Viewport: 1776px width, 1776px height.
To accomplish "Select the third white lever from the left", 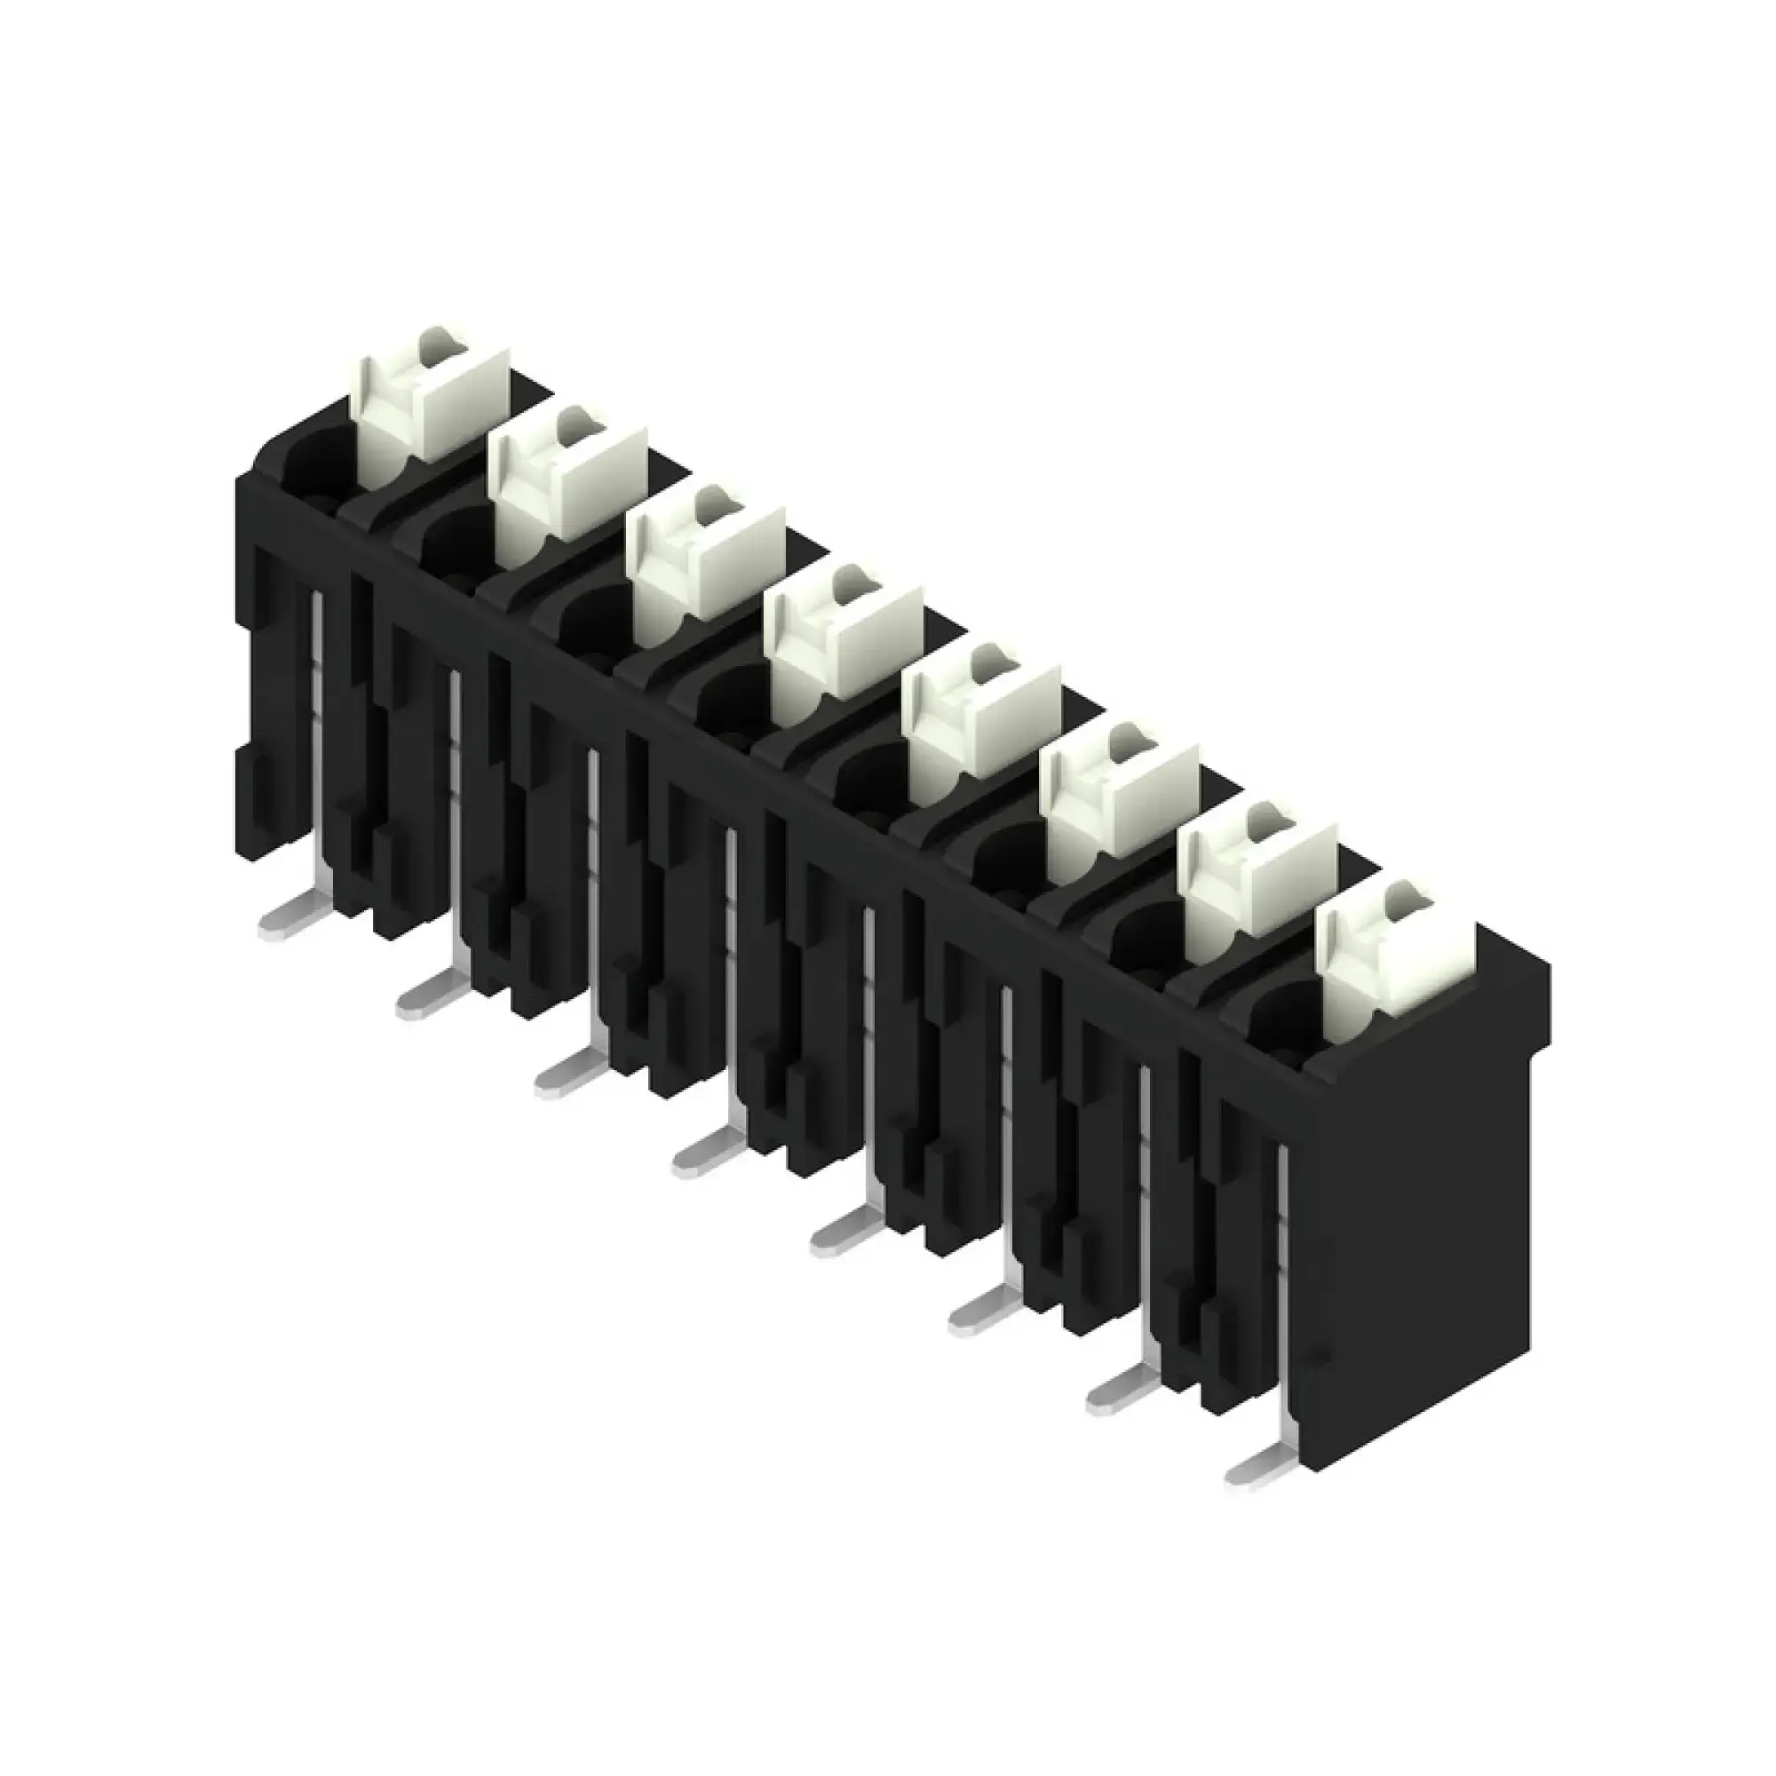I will (706, 563).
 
